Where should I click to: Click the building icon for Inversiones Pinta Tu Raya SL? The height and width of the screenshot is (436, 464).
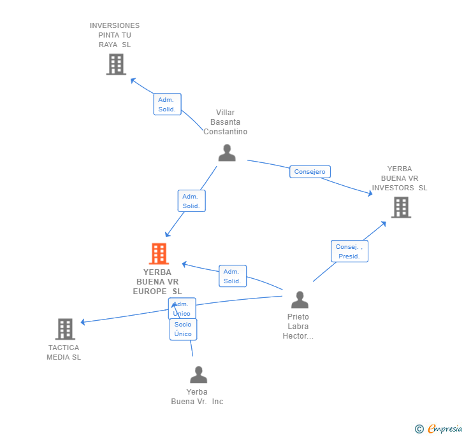[116, 64]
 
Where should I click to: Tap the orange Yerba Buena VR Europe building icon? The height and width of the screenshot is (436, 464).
[158, 253]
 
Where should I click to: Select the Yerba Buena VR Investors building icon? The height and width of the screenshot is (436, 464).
[400, 207]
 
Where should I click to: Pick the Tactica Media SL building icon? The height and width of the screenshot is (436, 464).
[65, 328]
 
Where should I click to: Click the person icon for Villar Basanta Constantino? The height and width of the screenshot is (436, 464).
[227, 153]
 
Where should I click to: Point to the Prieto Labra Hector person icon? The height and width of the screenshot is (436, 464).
[299, 300]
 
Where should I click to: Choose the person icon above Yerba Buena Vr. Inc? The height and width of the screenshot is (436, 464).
[198, 375]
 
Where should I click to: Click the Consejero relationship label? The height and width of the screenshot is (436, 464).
[310, 172]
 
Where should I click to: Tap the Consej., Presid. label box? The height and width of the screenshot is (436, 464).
[349, 251]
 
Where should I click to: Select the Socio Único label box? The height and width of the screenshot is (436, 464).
[183, 329]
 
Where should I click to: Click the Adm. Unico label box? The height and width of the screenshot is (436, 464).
[182, 309]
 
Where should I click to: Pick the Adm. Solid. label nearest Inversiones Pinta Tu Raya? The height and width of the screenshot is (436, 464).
[167, 104]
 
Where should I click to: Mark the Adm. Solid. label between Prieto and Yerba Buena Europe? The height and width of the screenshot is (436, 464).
[232, 276]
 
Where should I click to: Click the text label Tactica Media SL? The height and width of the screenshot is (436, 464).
[64, 353]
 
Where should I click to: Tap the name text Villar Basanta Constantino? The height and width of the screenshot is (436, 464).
[226, 122]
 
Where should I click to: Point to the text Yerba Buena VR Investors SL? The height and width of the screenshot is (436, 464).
[400, 178]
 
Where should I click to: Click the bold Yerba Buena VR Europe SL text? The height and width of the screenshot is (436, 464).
[157, 282]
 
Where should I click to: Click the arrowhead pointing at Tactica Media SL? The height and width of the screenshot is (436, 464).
[83, 322]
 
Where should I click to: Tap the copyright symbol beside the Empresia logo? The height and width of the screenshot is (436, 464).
[419, 429]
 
